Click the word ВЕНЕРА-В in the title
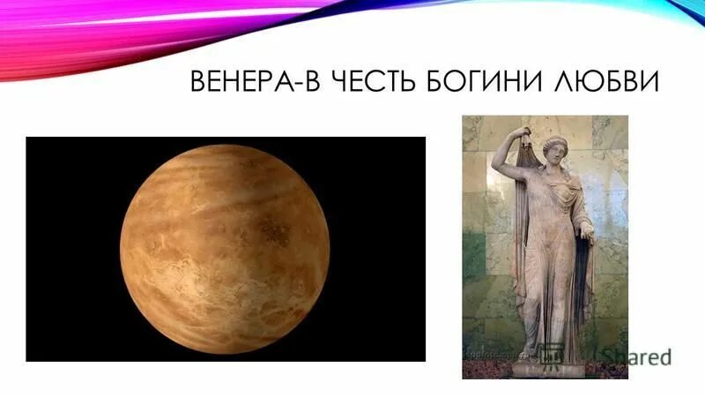click(256, 81)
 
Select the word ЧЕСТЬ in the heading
click(371, 81)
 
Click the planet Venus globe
click(225, 250)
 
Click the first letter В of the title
click(197, 81)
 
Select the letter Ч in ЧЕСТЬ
click(336, 81)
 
